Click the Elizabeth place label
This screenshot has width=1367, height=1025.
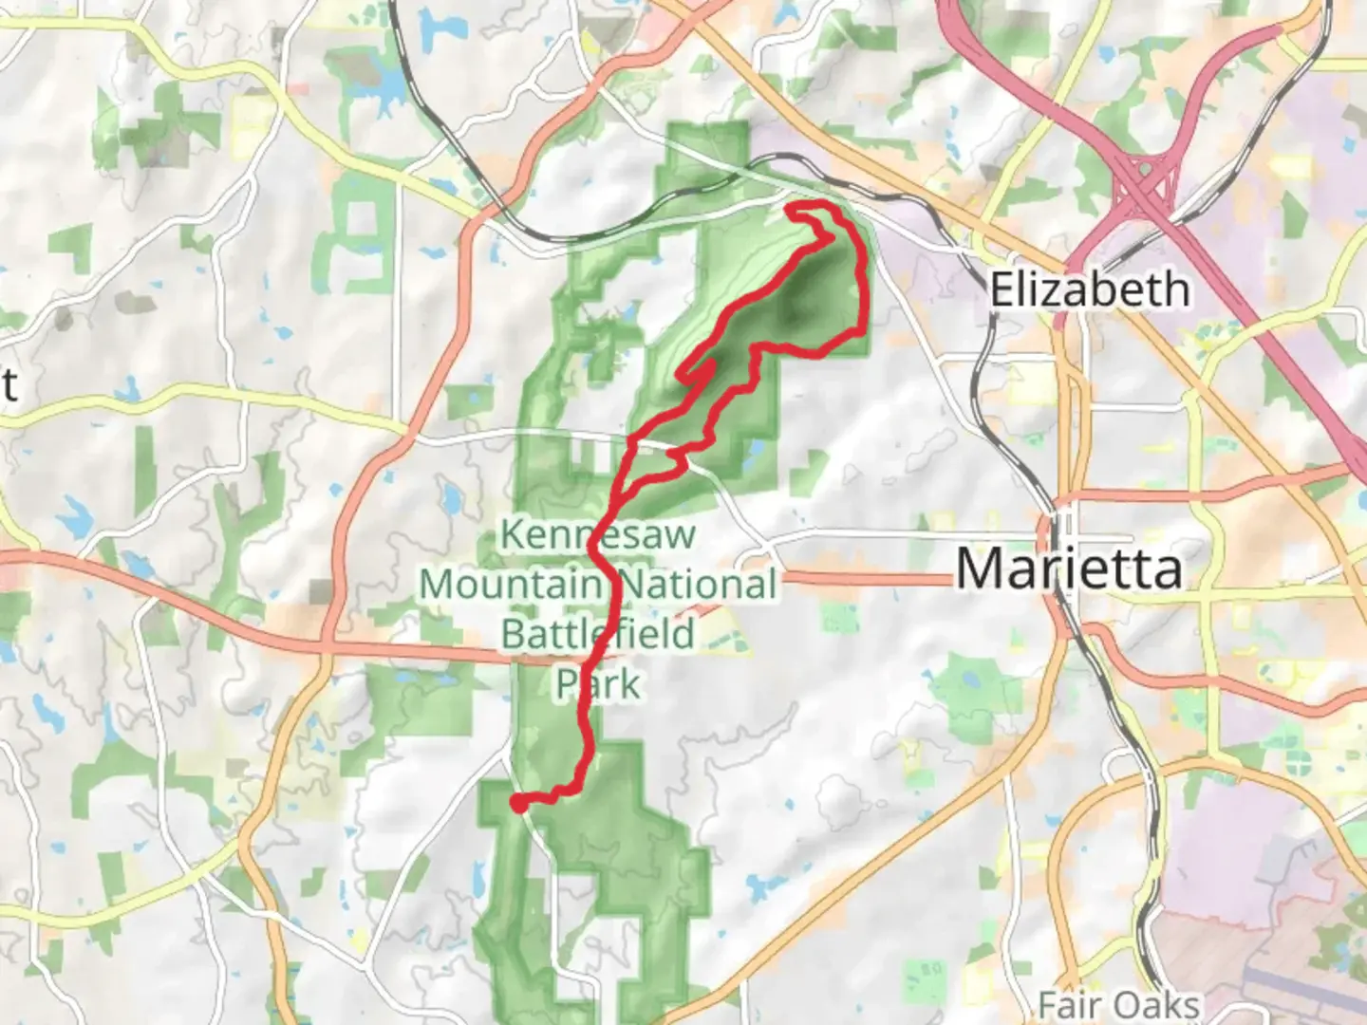1089,289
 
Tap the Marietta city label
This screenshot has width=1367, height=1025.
1069,568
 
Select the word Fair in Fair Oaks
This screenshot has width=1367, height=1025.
1071,1004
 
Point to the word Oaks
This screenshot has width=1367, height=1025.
1156,1004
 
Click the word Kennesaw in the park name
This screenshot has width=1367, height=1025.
598,535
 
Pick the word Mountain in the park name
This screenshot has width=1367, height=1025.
511,584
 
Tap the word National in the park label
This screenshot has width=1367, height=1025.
699,584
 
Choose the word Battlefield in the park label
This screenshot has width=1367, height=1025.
598,633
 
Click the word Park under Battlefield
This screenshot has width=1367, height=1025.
598,683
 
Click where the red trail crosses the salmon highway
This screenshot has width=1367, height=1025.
605,654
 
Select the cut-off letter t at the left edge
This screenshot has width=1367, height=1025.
9,384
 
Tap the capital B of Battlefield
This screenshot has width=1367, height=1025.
513,633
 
